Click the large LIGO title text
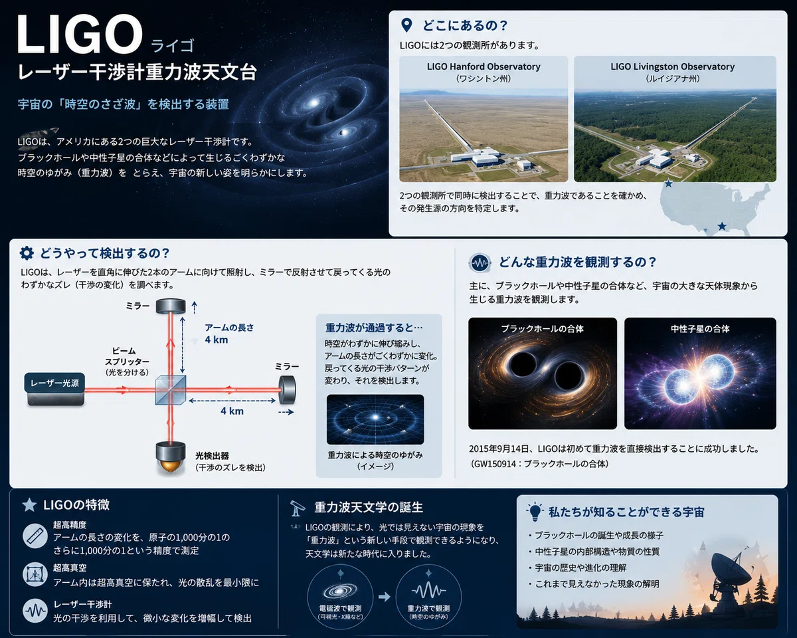click(x=80, y=34)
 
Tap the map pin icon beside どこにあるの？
click(x=406, y=25)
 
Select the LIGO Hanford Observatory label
click(x=484, y=66)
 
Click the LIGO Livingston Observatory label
click(x=673, y=66)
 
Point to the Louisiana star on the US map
click(x=722, y=226)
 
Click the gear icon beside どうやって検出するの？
click(x=27, y=253)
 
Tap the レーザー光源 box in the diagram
click(x=55, y=383)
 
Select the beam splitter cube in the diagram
click(x=171, y=390)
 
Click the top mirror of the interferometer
click(x=171, y=306)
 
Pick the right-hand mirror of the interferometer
click(x=287, y=389)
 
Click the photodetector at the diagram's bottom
click(x=171, y=457)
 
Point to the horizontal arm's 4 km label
click(x=232, y=411)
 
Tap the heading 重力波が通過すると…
click(x=374, y=328)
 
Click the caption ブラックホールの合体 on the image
click(x=542, y=329)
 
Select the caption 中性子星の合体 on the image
click(x=700, y=329)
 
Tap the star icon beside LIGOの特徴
click(x=29, y=505)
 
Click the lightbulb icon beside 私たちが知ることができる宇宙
click(x=535, y=512)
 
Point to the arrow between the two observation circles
click(x=385, y=597)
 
